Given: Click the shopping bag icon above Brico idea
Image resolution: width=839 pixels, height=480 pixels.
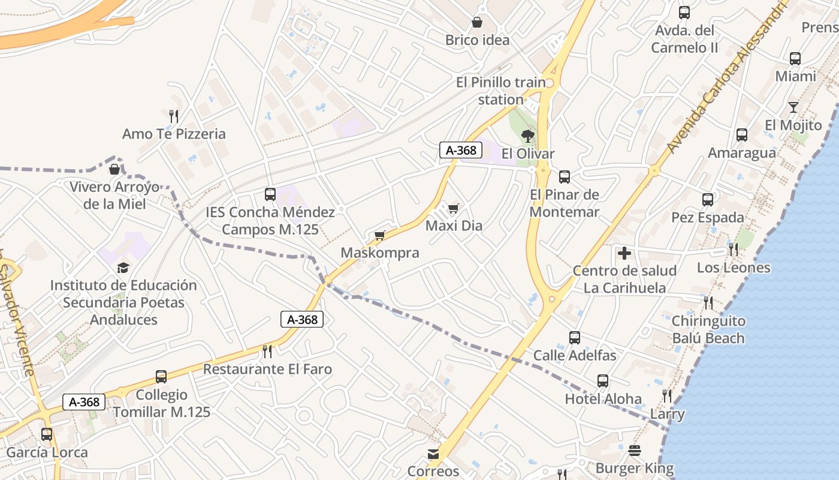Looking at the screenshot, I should coord(477,23).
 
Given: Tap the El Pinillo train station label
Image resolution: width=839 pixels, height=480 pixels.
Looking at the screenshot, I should coord(501,91).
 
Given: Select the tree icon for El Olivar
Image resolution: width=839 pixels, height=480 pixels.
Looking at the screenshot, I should coord(527,136).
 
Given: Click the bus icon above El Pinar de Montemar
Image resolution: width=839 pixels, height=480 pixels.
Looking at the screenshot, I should coord(565,177).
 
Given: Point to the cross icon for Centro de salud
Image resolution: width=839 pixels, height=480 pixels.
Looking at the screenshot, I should coord(624,253).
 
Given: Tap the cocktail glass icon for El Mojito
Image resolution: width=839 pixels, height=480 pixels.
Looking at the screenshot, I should coord(793,107).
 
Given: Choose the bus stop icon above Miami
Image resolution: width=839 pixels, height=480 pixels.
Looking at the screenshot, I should coord(795,59).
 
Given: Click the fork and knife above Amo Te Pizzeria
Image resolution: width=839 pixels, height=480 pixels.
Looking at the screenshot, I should coord(174,116).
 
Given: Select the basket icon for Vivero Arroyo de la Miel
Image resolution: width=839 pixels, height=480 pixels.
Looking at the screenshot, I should coord(114,169).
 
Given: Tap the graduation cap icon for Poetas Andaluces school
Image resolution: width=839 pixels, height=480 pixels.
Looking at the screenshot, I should coord(123,268).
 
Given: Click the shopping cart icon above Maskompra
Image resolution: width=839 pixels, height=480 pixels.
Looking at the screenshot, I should coord(379,235).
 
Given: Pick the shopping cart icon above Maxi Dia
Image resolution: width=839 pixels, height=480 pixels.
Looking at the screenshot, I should coord(454,208).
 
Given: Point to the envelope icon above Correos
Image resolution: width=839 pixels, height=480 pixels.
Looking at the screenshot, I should coord(433,454).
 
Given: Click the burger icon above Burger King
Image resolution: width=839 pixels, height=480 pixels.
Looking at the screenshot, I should coord(635,451).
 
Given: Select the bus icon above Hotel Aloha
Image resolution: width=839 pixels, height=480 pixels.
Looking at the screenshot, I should coord(603,381).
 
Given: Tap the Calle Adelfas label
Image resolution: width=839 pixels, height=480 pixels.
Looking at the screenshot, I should coord(575,355).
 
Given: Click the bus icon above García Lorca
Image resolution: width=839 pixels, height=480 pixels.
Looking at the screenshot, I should coord(47,434).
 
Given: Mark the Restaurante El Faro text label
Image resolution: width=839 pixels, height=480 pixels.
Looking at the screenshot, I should coord(267,369).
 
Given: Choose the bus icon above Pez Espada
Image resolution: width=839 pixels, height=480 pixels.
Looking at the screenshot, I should coord(708,200).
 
